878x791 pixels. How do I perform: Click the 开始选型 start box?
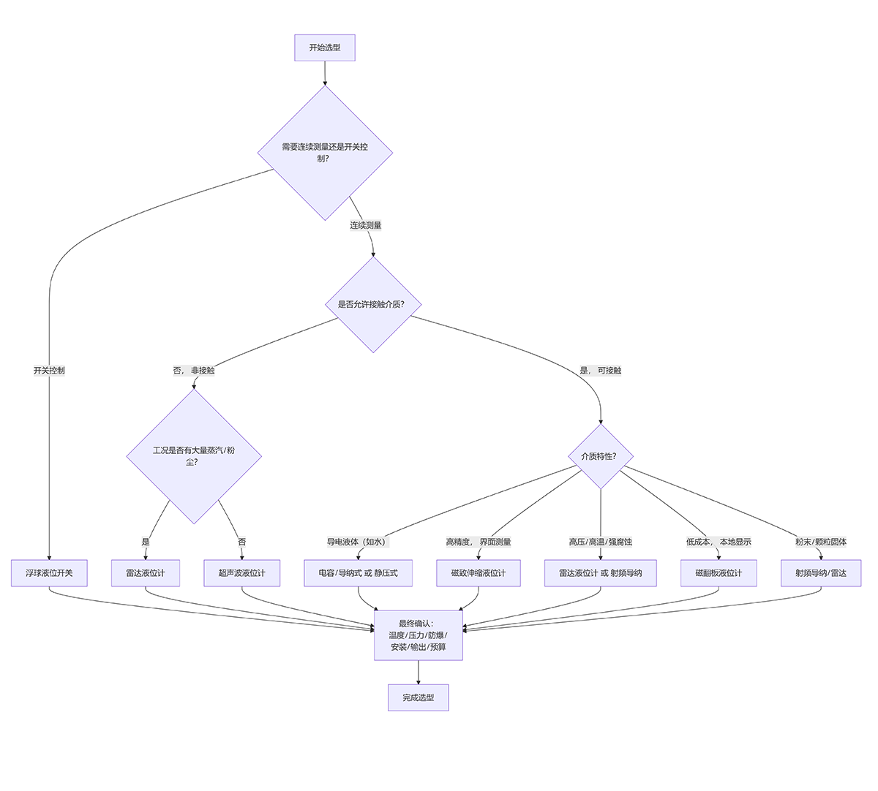click(x=325, y=48)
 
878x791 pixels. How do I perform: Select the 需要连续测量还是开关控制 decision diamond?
click(x=325, y=152)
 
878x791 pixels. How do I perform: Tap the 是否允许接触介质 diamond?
click(x=373, y=304)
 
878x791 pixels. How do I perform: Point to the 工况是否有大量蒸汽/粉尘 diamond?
click(x=194, y=455)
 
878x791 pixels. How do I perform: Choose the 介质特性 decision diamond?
click(x=601, y=456)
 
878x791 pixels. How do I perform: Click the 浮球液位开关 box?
click(x=49, y=573)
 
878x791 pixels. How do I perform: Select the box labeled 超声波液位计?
click(x=241, y=573)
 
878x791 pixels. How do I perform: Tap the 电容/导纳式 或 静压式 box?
click(x=358, y=573)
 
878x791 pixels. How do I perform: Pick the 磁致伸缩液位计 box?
click(x=478, y=573)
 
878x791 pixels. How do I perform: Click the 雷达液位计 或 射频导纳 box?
click(x=601, y=573)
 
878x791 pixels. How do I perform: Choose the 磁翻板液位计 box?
click(x=718, y=573)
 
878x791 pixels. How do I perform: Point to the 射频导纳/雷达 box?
click(x=821, y=573)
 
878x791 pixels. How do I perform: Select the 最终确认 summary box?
click(x=419, y=635)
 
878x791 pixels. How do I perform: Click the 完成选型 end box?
click(x=419, y=697)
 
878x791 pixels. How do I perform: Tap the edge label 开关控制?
click(x=49, y=371)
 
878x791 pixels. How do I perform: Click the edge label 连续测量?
click(x=366, y=225)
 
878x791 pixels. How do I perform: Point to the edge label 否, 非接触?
click(x=194, y=371)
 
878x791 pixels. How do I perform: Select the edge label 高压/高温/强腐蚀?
click(x=601, y=542)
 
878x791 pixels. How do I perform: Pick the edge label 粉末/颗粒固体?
click(x=821, y=542)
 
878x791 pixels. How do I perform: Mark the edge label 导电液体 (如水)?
click(x=358, y=542)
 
